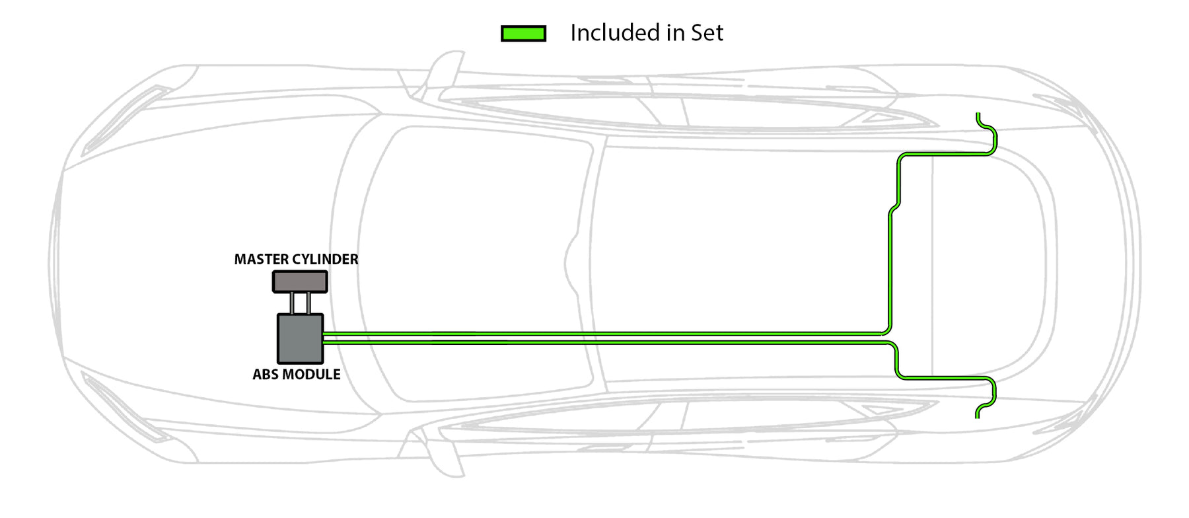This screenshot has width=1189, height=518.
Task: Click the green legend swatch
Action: coord(523,34)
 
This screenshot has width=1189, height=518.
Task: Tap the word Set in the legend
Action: coord(707,33)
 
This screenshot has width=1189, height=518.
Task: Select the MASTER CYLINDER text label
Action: coord(296,260)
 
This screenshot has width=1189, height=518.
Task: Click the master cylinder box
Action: coord(300,281)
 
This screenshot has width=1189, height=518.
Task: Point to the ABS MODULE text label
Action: coord(296,375)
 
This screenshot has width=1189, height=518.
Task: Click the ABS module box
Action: coord(300,338)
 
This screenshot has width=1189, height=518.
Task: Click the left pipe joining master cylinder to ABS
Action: coord(292,303)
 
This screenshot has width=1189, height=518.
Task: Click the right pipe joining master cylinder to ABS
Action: coord(308,303)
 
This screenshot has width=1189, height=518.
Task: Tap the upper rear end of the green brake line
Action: coord(978,117)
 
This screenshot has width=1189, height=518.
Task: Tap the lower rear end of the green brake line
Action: coord(978,414)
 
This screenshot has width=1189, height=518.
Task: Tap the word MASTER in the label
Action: coord(258,260)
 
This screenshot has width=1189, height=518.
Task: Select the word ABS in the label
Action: coord(265,375)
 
